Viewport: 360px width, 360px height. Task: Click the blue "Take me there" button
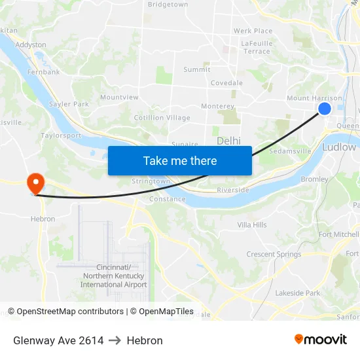tap(180, 160)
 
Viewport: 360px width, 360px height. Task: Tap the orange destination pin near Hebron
tap(33, 183)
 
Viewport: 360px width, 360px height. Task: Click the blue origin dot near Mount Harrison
tap(325, 109)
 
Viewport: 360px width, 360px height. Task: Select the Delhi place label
tap(228, 141)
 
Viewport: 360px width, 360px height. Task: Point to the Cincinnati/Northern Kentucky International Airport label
tap(114, 276)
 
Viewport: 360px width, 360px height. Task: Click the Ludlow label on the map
tap(338, 147)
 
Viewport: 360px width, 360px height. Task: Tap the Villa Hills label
tap(252, 225)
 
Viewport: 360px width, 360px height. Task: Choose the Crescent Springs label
tap(274, 255)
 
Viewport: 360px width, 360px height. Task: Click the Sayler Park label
tap(69, 104)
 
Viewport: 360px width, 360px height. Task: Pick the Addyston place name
tap(31, 45)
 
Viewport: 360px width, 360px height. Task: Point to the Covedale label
tap(226, 83)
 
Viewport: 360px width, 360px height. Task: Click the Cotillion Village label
tap(162, 118)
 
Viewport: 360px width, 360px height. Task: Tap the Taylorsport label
tap(61, 136)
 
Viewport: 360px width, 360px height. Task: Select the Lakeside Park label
tap(298, 293)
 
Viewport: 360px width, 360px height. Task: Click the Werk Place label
tap(253, 31)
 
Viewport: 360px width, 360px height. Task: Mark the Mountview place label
tap(119, 98)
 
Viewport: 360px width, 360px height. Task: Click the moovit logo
tap(321, 339)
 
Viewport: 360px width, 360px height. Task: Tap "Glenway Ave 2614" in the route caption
tap(58, 340)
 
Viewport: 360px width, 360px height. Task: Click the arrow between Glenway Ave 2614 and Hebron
tap(115, 340)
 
